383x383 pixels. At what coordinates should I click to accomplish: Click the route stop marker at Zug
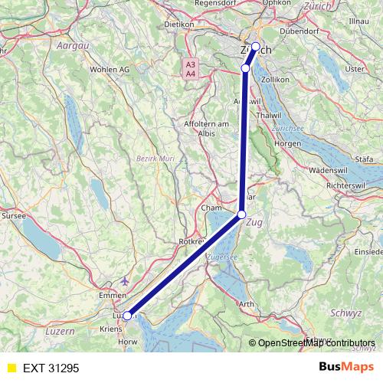click(242, 214)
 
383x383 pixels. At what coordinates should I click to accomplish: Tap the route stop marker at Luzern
click(128, 314)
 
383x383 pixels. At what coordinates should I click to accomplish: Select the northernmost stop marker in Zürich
click(255, 46)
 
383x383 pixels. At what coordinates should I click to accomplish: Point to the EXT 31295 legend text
click(51, 368)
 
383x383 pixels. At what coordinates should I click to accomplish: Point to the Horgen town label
click(288, 143)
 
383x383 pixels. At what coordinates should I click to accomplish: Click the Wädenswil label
click(329, 170)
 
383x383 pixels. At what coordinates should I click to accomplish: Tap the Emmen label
click(112, 295)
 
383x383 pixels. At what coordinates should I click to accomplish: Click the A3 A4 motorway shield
click(191, 68)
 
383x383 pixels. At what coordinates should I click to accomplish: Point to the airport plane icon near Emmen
click(125, 280)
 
